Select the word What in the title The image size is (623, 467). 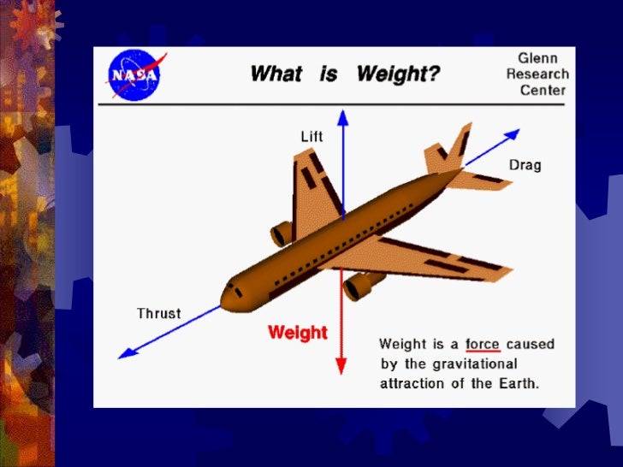276,74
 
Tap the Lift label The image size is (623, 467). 312,137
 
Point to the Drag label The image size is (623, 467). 525,164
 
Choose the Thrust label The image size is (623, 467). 159,313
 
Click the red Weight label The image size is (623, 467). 298,332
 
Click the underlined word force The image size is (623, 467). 483,344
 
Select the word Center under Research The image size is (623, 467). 544,91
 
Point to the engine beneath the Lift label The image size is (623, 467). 282,233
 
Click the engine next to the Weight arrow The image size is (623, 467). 360,285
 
